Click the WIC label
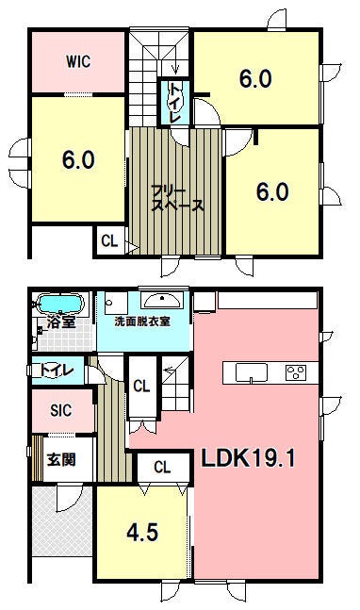pos(78,61)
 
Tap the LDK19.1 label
pos(248,458)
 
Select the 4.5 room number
pos(142,532)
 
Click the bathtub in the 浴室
pos(60,304)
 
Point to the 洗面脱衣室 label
pos(142,321)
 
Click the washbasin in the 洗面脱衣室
pos(161,300)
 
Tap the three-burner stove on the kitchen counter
pos(296,372)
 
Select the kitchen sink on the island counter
pos(252,373)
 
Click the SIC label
pos(61,410)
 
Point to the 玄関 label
pos(61,460)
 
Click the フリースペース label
pos(177,199)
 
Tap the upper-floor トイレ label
pos(174,103)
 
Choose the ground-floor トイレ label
pos(57,370)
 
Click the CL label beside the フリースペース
pos(109,241)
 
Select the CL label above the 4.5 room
pos(162,467)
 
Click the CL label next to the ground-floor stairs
pos(141,387)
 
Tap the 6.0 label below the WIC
pos(78,160)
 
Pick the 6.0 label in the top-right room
pos(255,79)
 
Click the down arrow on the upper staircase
pos(175,67)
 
